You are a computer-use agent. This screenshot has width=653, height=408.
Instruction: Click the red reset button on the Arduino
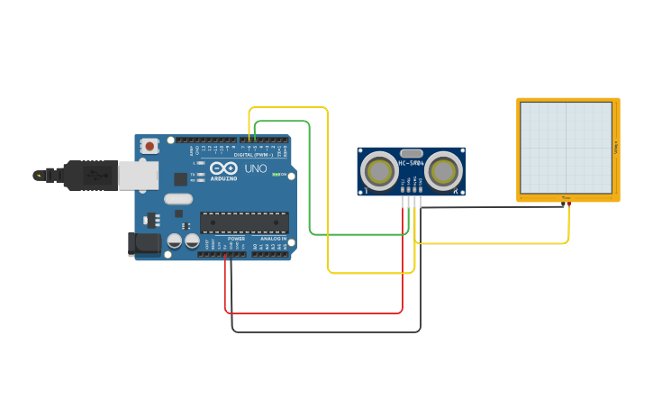point(150,144)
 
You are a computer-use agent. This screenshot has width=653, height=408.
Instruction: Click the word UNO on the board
point(256,168)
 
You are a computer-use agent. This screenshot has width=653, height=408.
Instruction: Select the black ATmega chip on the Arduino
point(244,222)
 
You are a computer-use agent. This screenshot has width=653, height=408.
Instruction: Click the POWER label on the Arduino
point(236,239)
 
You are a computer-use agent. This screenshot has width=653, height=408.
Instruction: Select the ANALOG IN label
point(274,239)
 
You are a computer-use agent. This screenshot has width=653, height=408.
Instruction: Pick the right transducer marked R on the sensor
point(442,170)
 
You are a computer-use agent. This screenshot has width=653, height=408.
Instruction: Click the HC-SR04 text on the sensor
point(411,164)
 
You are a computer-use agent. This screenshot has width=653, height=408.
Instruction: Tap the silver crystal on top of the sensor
point(411,153)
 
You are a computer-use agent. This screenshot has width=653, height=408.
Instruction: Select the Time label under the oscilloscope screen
point(567,198)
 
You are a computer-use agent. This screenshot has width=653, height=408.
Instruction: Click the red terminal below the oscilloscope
point(568,204)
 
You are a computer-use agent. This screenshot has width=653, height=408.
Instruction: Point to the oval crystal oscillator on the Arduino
point(178,199)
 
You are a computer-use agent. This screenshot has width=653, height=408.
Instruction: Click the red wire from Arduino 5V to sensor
point(315,313)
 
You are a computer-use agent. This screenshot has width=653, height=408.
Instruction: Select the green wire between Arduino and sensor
point(310,180)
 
